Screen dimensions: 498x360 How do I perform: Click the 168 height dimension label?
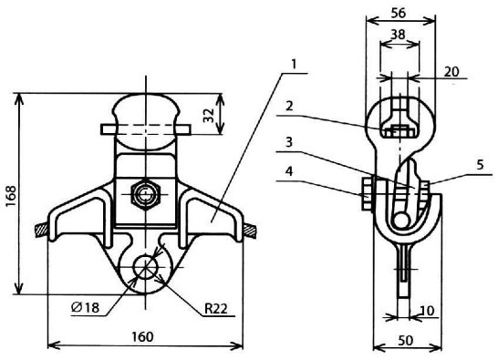(10, 196)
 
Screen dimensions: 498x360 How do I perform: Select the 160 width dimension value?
(142, 336)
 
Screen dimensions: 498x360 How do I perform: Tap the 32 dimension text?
(209, 115)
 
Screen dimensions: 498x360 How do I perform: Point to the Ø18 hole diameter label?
(85, 307)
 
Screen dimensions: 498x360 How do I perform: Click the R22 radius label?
(216, 308)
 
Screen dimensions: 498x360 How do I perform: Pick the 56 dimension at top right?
(399, 13)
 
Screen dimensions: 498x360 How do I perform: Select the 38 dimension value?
(398, 34)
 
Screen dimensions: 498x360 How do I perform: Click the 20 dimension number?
(451, 72)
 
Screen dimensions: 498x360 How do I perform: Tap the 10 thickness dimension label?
(427, 311)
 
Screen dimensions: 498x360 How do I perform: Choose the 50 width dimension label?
(406, 340)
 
